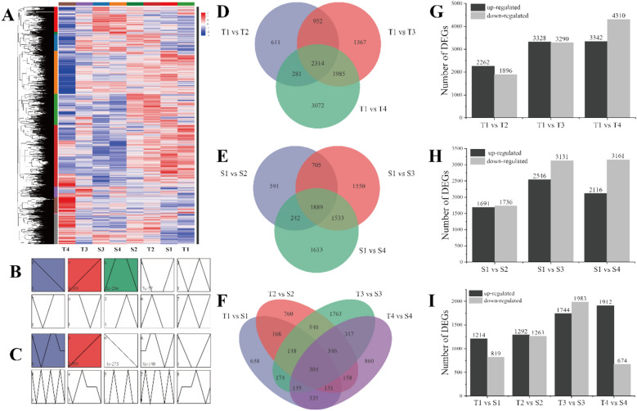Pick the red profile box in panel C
click(x=83, y=338)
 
